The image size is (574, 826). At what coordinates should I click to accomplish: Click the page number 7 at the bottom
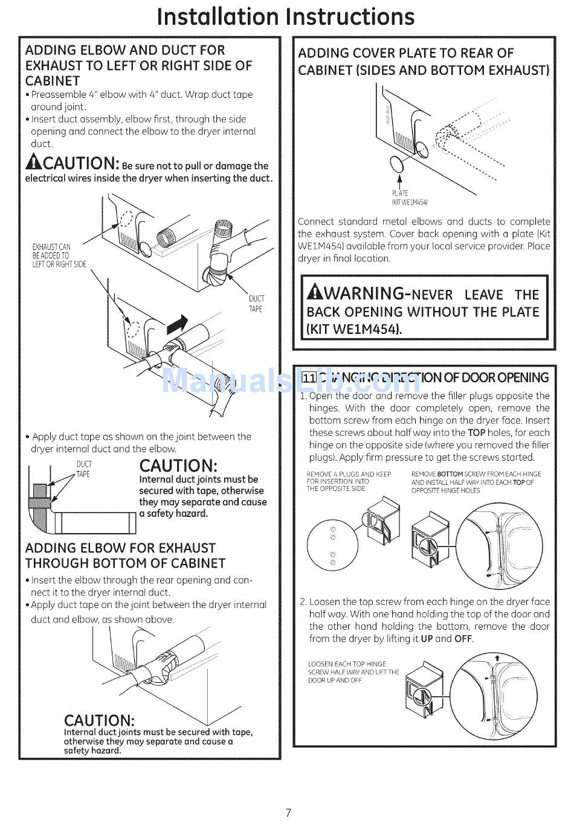point(288,812)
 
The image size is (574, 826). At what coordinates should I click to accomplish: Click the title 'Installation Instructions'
point(286,16)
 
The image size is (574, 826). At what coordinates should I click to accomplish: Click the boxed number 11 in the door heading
point(309,378)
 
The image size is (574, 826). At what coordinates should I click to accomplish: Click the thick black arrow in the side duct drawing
point(176,325)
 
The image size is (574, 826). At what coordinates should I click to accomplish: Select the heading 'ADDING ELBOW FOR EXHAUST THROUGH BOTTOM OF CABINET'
point(125,555)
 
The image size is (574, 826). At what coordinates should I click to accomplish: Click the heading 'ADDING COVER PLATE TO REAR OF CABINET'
point(423,62)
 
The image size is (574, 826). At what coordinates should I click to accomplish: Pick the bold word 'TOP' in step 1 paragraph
point(476,433)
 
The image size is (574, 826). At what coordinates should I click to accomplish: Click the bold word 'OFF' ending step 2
point(463,639)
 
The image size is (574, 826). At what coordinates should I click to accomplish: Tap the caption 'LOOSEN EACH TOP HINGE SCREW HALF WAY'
point(353,672)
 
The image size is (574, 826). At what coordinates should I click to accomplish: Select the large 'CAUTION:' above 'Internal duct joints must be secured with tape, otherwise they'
point(178,466)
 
